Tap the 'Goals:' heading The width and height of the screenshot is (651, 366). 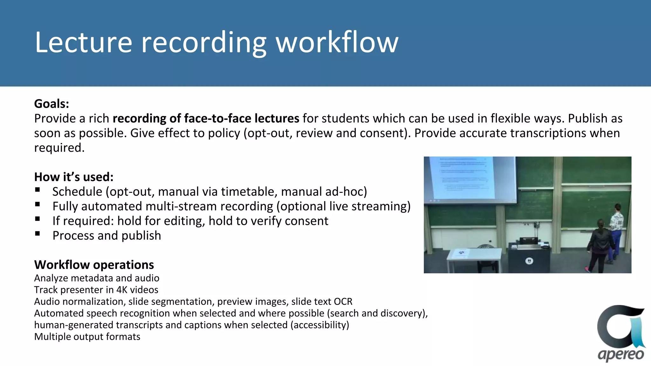51,104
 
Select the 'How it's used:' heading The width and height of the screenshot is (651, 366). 74,177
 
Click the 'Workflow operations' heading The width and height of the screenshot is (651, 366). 94,265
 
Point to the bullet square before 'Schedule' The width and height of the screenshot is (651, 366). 38,190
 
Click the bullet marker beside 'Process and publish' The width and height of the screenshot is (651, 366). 38,234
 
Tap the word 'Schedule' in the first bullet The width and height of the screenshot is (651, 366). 77,192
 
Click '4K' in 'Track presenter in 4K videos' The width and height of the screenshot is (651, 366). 121,290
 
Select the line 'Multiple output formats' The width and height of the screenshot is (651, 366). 87,337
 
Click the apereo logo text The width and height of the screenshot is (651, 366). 621,354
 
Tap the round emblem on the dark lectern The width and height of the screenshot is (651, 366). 529,261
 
